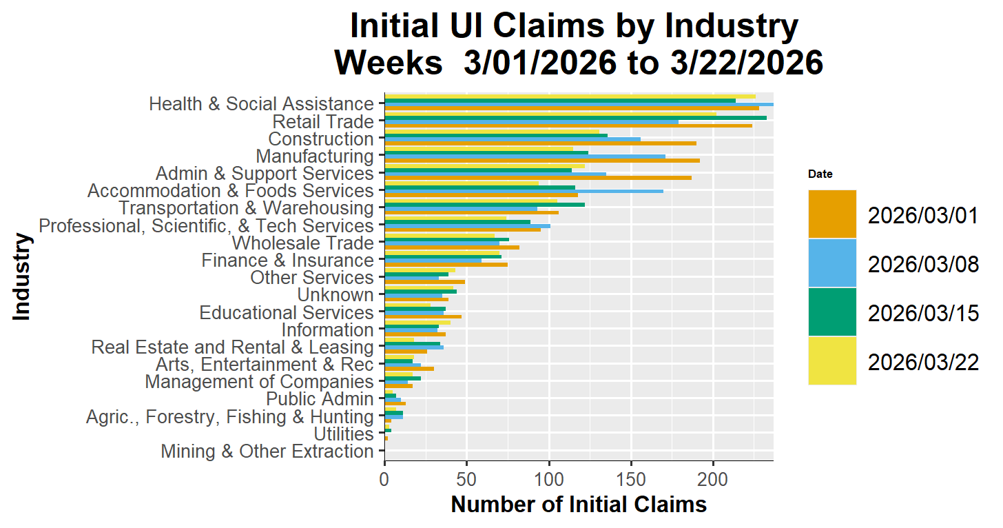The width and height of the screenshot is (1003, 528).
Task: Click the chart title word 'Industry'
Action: pyautogui.click(x=731, y=28)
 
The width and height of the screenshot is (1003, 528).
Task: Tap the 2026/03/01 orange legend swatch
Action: pyautogui.click(x=832, y=214)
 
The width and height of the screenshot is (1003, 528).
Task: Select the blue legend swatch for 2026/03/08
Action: pyautogui.click(x=832, y=263)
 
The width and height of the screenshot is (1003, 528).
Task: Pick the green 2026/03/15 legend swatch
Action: pyautogui.click(x=832, y=312)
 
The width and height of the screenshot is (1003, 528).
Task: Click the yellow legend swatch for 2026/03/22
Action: pyautogui.click(x=832, y=361)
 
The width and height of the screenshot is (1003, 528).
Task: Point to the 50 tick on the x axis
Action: pyautogui.click(x=466, y=477)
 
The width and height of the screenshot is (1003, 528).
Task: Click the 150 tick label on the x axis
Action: pyautogui.click(x=631, y=477)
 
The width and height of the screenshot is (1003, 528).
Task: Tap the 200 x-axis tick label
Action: pyautogui.click(x=713, y=477)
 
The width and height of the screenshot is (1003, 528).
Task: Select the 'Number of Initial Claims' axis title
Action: pyautogui.click(x=579, y=505)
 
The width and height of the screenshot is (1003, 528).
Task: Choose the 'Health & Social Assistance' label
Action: pyautogui.click(x=261, y=104)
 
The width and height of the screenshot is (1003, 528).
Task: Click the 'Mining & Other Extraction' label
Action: pyautogui.click(x=267, y=451)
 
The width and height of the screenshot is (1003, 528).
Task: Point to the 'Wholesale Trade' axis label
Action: pyautogui.click(x=302, y=243)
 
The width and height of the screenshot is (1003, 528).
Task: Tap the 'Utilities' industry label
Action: pyautogui.click(x=343, y=434)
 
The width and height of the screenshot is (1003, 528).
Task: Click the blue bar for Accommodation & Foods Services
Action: pyautogui.click(x=524, y=191)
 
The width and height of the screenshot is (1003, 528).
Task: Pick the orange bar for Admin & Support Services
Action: pyautogui.click(x=537, y=178)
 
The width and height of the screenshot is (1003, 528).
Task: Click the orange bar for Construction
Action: pyautogui.click(x=540, y=143)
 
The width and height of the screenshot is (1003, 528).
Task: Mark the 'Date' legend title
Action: pyautogui.click(x=820, y=174)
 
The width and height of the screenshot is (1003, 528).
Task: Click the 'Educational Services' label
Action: pyautogui.click(x=287, y=313)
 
